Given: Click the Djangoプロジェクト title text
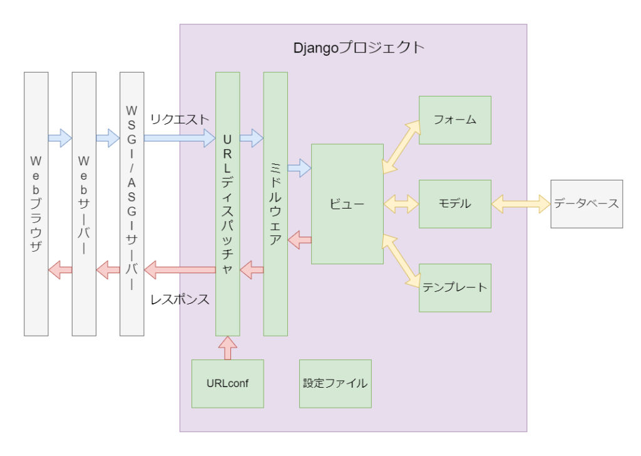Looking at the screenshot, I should point(359,48).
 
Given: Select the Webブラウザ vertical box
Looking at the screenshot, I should point(36,204).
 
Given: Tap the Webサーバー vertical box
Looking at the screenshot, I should point(84,204).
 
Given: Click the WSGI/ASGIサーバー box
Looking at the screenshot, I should point(131,204).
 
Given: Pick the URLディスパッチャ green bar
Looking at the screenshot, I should point(227,204).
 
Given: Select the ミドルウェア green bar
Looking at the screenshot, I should point(275,204).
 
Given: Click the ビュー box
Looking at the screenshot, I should point(347,204).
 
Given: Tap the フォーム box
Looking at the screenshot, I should point(455,120).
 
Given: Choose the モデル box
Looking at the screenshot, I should point(455,204).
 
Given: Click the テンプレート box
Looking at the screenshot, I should point(455,288).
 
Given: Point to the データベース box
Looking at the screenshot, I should point(587,204).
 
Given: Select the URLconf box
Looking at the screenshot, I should point(227,383).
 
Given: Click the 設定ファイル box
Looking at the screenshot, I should point(336,383).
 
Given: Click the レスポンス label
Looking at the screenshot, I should point(180,299).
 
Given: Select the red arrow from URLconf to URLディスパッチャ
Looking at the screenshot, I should point(227,348).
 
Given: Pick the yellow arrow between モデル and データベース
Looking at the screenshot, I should point(521,204).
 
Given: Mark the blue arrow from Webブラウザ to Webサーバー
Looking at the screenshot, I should point(60,138).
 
